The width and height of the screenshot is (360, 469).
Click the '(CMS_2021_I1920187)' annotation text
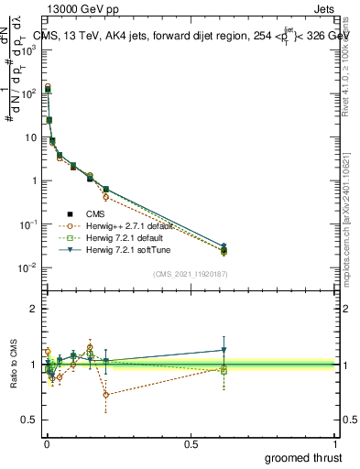coord(190,272)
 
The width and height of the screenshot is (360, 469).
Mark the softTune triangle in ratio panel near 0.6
coord(224,350)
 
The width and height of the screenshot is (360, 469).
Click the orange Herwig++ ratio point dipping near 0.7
coord(106,395)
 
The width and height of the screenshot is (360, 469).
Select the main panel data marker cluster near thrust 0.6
coord(224,249)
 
